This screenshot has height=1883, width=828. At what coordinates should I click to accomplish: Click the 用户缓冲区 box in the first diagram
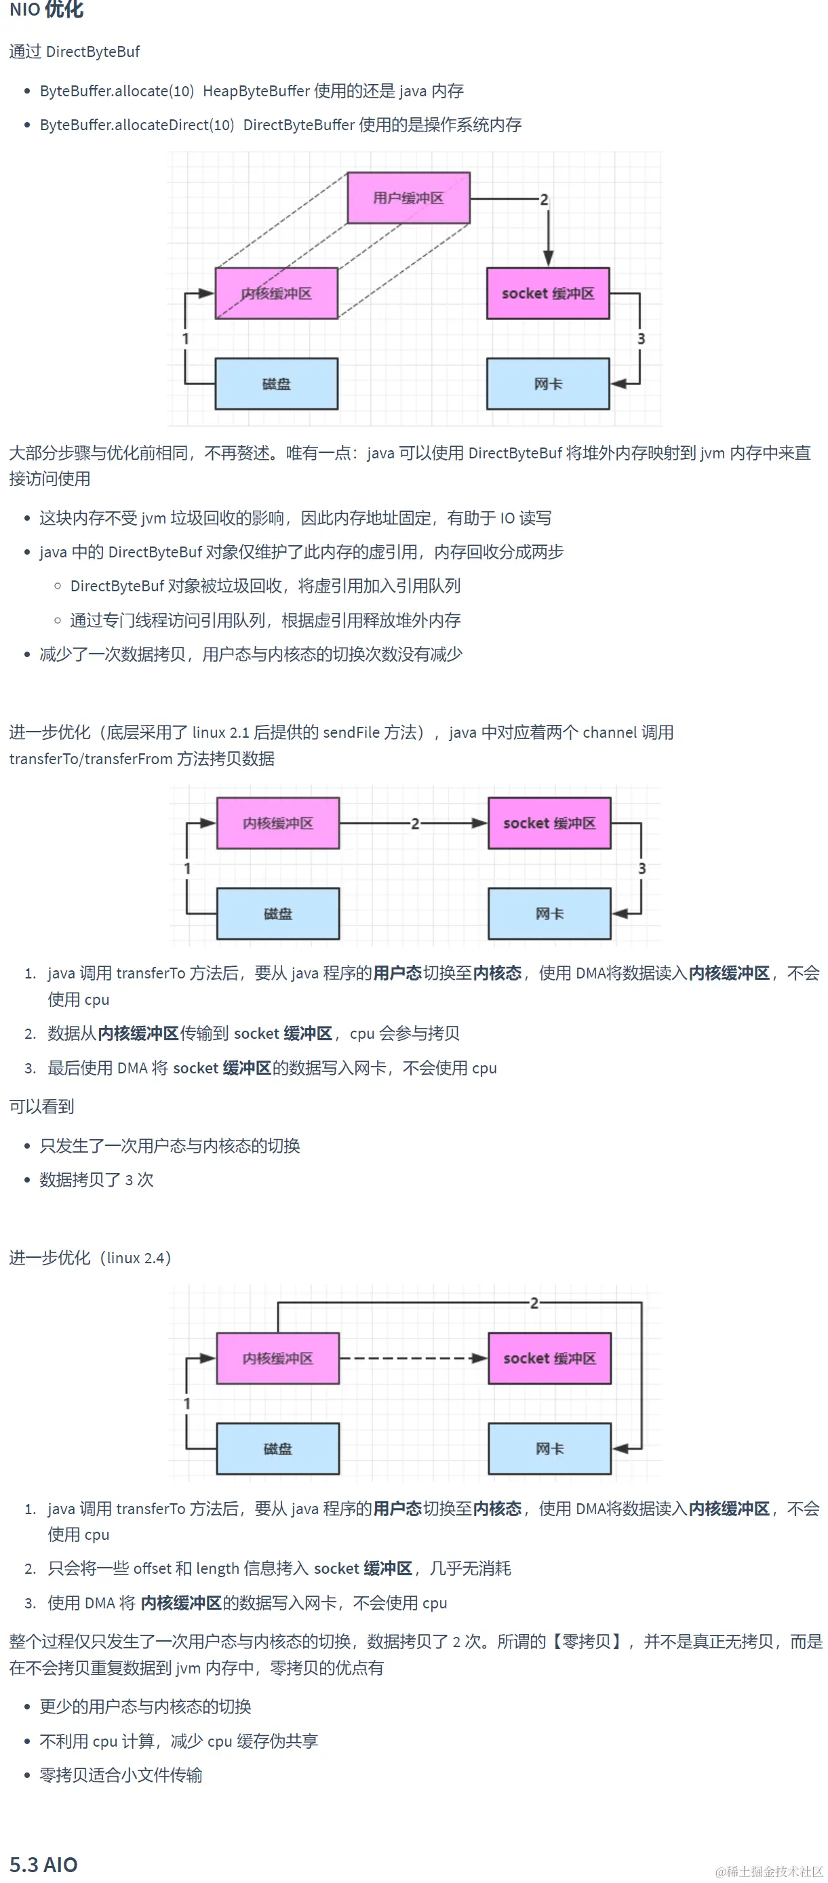pos(408,198)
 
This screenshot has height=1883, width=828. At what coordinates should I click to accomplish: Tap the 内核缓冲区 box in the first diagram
pos(276,293)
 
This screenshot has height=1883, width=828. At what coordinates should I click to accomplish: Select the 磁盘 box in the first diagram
pos(276,384)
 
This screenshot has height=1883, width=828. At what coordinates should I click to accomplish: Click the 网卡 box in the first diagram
pos(548,384)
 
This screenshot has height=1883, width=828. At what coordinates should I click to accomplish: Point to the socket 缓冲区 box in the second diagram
pos(549,823)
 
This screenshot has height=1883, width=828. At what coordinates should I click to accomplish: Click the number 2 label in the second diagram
pos(415,824)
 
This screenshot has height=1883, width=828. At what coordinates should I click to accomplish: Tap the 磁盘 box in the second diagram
pos(278,914)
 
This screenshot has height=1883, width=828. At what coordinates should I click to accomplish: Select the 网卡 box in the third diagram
pos(549,1448)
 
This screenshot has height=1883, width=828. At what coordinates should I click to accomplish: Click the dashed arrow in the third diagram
pos(413,1358)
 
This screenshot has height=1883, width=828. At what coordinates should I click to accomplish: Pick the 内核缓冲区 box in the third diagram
pos(278,1358)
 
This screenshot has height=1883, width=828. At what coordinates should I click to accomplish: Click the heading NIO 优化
pos(47,10)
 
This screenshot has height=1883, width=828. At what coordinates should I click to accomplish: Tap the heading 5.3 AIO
pos(43,1864)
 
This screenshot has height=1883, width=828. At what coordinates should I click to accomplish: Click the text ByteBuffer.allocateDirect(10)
pos(137,125)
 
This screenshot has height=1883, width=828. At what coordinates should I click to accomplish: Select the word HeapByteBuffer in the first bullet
pos(256,92)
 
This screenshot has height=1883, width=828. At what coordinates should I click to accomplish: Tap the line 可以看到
pos(41,1107)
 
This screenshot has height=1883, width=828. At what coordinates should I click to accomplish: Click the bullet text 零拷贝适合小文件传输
pos(121,1775)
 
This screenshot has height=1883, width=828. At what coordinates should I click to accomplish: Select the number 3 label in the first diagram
pos(641,338)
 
